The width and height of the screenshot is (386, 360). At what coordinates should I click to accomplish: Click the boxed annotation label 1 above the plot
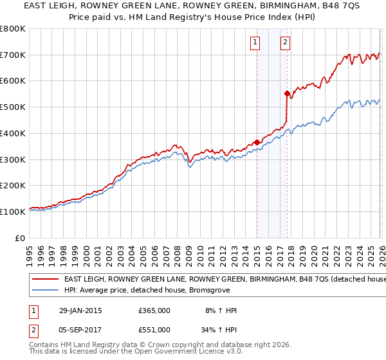pyautogui.click(x=256, y=43)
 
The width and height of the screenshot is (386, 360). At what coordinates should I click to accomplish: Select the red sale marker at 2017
pyautogui.click(x=287, y=93)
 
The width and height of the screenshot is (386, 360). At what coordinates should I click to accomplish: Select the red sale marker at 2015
pyautogui.click(x=257, y=142)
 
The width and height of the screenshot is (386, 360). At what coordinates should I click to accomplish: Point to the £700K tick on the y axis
pyautogui.click(x=13, y=55)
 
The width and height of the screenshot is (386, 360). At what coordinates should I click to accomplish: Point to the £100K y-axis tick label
pyautogui.click(x=13, y=212)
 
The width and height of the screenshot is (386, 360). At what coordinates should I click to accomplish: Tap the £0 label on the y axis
pyautogui.click(x=21, y=238)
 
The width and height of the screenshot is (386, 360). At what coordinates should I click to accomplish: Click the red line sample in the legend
pyautogui.click(x=45, y=279)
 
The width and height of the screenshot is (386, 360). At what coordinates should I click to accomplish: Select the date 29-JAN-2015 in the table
pyautogui.click(x=80, y=310)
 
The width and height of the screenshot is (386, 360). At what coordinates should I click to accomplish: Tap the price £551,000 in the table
pyautogui.click(x=154, y=329)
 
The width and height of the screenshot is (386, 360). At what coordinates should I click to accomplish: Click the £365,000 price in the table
pyautogui.click(x=154, y=310)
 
